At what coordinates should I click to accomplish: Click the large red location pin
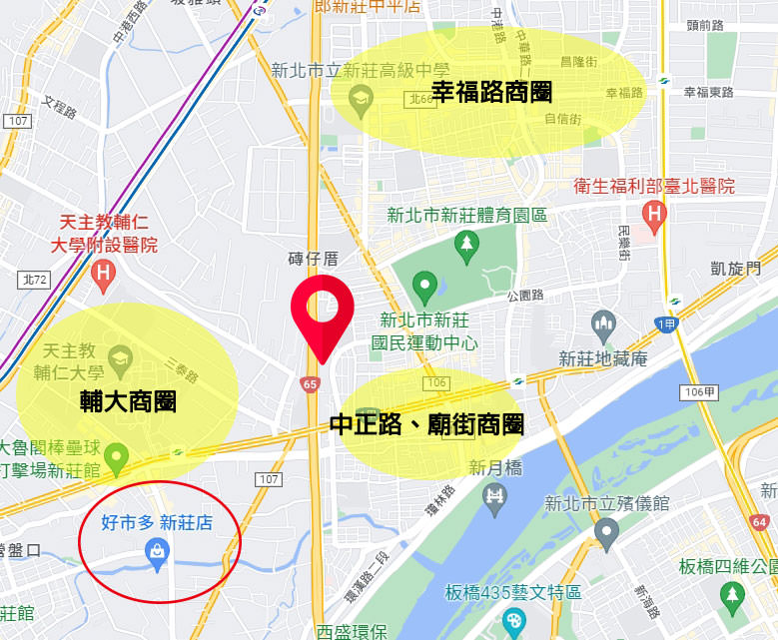pos(322,312)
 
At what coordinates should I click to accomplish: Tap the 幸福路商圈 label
pos(491,93)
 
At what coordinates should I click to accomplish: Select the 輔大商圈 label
pos(128,401)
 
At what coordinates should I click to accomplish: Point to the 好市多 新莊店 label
pos(157,522)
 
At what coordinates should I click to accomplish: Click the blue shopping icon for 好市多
pos(157,549)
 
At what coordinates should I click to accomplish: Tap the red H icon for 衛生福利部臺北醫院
pos(655,213)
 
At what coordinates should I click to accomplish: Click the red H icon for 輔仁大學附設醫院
pos(101,272)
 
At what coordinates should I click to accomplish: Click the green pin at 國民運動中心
pos(425,288)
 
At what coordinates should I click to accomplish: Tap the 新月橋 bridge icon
pos(494,495)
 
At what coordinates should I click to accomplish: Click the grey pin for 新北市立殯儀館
pos(605,534)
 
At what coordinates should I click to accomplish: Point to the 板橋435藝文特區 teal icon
pos(514,621)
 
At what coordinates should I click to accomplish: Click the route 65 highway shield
pos(309,382)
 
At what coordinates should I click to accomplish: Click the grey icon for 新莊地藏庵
pos(604,324)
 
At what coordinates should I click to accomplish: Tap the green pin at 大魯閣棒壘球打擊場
pos(118,458)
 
